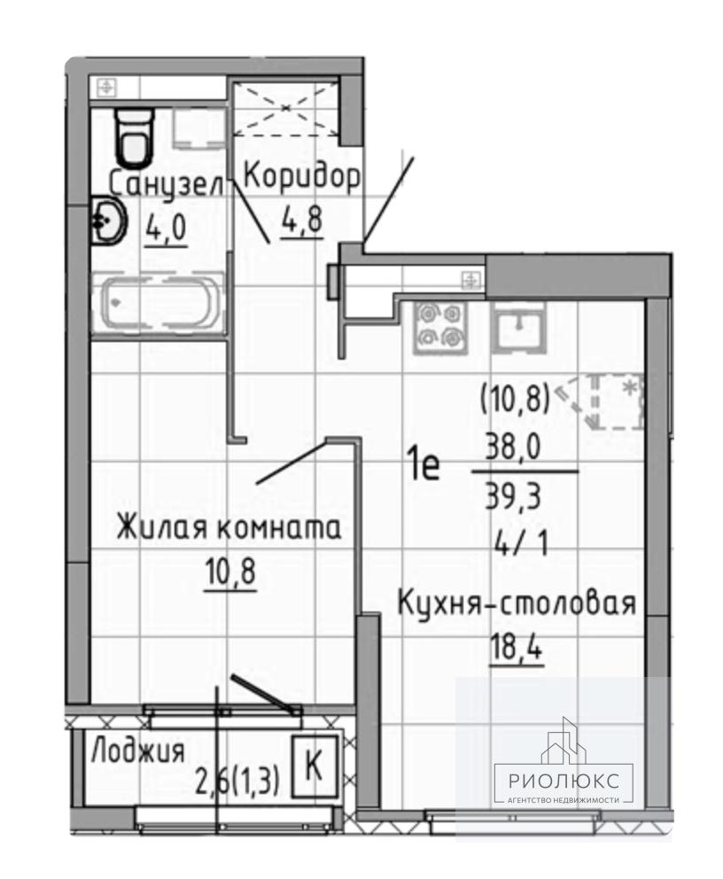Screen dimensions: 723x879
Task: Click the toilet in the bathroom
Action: pos(134,136)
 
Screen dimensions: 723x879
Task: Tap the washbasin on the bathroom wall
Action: pos(107,221)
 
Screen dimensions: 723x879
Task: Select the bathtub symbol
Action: pos(158,303)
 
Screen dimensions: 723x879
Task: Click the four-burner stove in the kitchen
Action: pos(440,328)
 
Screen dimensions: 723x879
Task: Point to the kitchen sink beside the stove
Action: pos(518,328)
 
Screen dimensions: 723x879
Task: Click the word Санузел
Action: pos(166,184)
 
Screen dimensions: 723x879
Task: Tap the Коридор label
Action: pos(301,178)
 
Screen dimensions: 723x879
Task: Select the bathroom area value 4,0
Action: pos(166,228)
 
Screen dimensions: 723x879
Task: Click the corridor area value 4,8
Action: pos(302,221)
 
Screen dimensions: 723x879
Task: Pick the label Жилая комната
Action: pos(229,528)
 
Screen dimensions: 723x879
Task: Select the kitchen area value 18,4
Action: pos(517,648)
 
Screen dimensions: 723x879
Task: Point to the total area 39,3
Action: pos(513,496)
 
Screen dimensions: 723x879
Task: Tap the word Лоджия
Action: pos(138,750)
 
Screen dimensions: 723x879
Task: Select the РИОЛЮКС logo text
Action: pos(564,781)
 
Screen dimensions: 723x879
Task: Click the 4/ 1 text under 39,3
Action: pos(521,543)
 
